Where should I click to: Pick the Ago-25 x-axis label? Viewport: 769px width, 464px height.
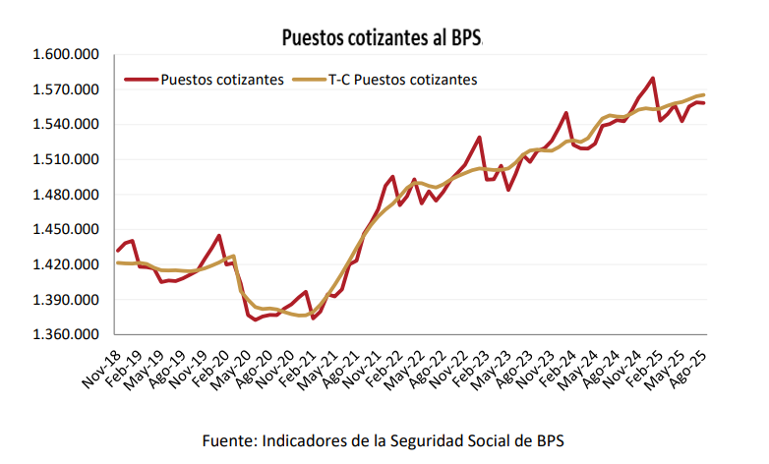tap(687, 367)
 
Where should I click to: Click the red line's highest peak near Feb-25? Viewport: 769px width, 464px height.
tap(653, 78)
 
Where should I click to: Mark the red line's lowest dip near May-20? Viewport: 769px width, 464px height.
tap(255, 319)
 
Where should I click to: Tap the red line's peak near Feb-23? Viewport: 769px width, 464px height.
tap(480, 137)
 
